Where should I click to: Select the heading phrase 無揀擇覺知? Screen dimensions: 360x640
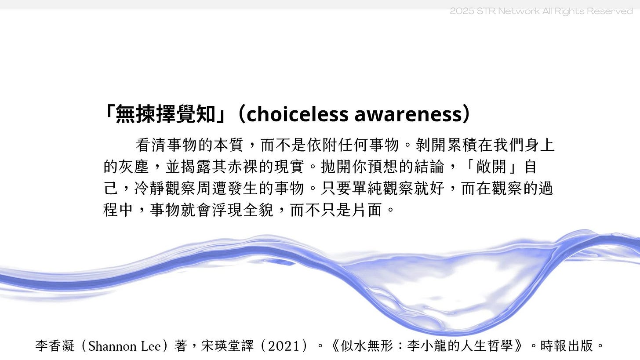tap(166, 114)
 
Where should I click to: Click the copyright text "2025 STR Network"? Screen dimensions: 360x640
tap(495, 11)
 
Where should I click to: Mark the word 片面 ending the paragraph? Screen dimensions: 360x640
tap(367, 210)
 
